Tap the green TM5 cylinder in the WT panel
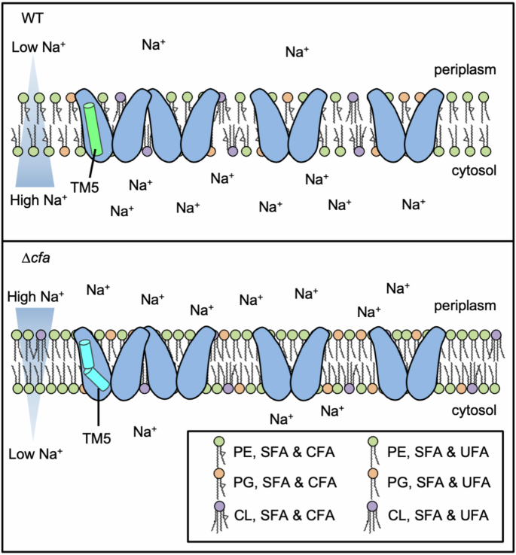point(94,127)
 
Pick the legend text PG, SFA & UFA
point(436,483)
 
